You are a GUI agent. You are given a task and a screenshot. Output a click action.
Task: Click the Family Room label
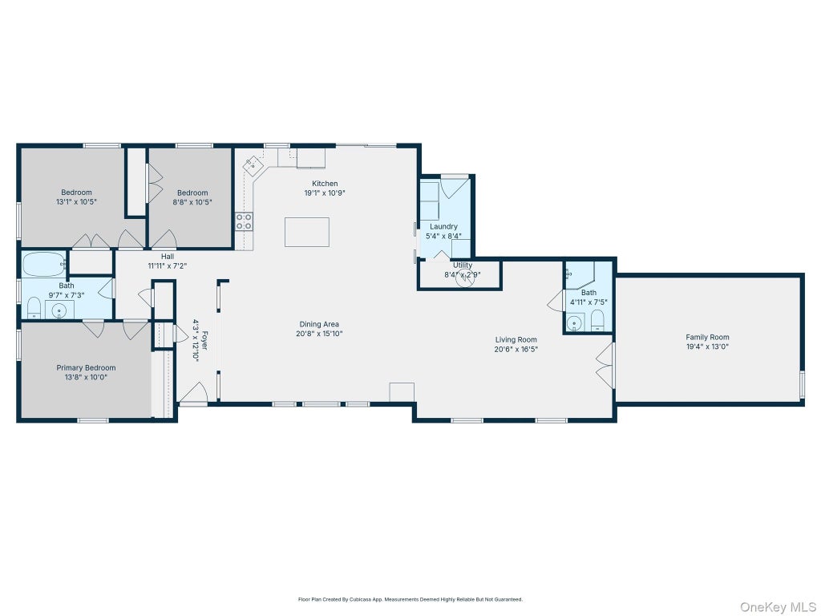(707, 338)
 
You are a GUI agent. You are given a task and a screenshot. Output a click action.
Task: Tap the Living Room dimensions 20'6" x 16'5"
(516, 350)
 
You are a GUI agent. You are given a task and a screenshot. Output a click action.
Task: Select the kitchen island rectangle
(307, 232)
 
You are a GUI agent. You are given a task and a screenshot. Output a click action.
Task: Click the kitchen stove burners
(244, 221)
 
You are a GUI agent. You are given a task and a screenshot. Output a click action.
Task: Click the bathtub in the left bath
(44, 265)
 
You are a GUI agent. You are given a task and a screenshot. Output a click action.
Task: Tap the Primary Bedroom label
(86, 367)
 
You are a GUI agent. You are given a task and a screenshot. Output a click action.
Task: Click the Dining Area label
(319, 324)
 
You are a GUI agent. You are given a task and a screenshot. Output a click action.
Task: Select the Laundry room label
(443, 226)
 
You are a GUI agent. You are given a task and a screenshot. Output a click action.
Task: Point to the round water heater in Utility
(464, 279)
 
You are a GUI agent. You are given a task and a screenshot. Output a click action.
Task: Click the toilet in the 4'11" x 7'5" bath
(597, 320)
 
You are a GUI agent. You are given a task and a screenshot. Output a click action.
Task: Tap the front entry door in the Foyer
(194, 393)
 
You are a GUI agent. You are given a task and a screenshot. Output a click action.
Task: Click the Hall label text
(168, 256)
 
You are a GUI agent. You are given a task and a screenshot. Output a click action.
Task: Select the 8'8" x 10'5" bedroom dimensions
(192, 201)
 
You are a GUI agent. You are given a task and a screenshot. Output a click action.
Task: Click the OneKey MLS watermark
(777, 607)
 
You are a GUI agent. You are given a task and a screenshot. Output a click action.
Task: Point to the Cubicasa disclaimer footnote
(410, 599)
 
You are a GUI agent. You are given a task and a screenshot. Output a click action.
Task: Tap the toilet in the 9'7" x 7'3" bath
(34, 308)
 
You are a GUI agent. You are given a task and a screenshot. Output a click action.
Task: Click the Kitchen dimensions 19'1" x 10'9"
(325, 192)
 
